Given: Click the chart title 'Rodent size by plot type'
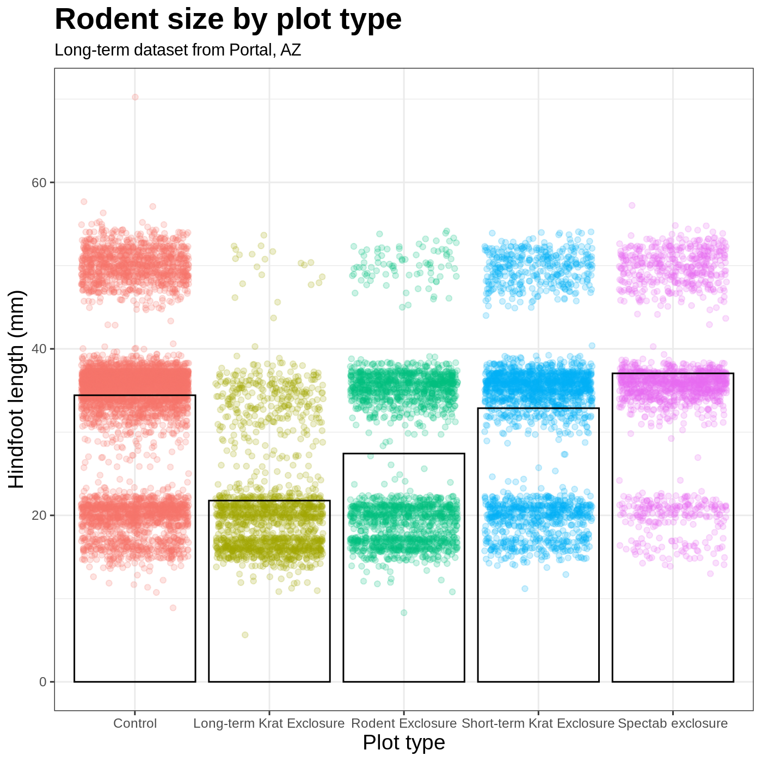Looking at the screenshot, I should [228, 20].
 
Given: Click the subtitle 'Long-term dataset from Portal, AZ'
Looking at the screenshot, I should [178, 50].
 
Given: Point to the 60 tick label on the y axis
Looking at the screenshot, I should [39, 182].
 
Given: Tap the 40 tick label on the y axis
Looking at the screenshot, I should [39, 349].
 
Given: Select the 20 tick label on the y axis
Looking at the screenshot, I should [39, 515].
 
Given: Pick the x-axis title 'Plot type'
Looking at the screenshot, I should [404, 742].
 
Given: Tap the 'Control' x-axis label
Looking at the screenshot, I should [135, 724].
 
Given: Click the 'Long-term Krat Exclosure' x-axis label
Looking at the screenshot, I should [269, 724].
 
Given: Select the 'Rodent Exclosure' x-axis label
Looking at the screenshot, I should [404, 724].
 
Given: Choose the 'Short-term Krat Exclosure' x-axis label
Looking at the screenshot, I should [538, 724].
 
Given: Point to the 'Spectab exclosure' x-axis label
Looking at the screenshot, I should [673, 724].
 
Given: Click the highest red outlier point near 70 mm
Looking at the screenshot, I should [135, 97].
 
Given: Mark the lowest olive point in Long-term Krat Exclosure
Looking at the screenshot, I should [245, 635].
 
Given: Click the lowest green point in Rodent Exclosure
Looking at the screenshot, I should [404, 612].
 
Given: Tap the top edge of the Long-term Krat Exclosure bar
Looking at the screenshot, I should [269, 501].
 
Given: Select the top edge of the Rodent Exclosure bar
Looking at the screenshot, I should [404, 453].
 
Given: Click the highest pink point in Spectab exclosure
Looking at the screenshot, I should [632, 205].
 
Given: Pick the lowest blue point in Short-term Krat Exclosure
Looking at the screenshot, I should [525, 588].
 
